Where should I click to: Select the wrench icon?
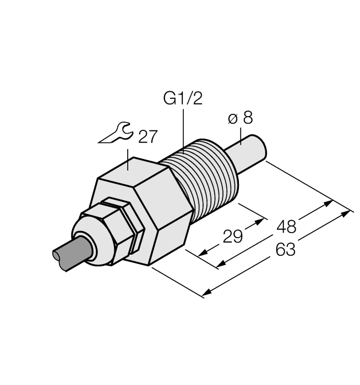point(115,133)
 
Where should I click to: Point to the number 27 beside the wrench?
point(148,137)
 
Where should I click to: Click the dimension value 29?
point(233,237)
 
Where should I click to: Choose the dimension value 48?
point(286,226)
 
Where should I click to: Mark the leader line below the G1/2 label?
point(183,129)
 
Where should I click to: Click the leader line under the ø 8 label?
point(240,136)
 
